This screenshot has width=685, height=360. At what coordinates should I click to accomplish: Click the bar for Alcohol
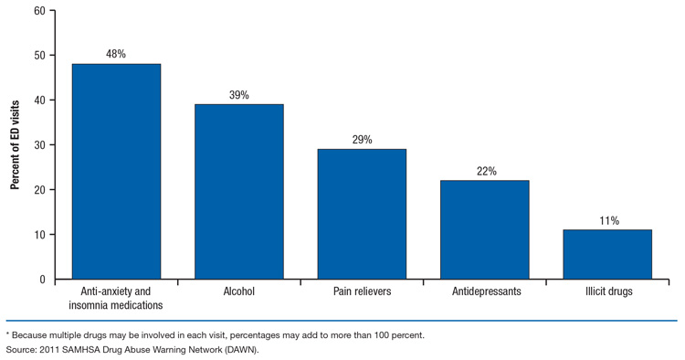coord(238,192)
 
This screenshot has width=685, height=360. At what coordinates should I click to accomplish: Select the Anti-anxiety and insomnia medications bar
coord(116,172)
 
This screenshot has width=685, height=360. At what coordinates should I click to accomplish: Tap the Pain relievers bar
coord(361,214)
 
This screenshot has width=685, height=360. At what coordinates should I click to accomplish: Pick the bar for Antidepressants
coord(484,229)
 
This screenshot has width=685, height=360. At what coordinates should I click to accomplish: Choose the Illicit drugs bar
coord(606,254)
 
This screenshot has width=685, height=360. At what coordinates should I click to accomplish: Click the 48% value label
coord(116,54)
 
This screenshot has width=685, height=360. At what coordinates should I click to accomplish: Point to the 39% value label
coord(238,94)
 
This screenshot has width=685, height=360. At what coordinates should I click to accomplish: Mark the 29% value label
coord(361,139)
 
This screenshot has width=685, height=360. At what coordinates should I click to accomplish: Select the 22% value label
coord(484,170)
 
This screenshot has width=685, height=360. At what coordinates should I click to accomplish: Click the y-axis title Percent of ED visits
coord(16,144)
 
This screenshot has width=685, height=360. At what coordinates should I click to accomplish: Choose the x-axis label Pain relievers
coord(361,292)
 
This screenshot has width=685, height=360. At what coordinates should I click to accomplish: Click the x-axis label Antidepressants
coord(484,292)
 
